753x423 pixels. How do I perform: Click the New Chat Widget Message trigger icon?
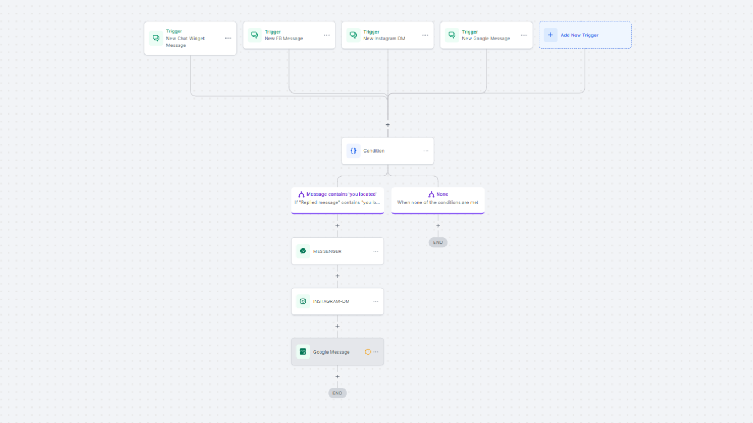click(156, 38)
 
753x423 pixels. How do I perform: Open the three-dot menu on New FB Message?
click(327, 35)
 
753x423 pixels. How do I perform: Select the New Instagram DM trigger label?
click(384, 39)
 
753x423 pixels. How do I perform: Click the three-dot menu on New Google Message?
click(524, 35)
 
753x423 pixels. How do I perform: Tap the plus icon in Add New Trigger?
click(550, 35)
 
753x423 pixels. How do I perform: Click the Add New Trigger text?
click(579, 35)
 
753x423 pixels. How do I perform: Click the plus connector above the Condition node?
click(388, 125)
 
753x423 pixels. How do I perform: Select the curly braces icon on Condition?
click(353, 150)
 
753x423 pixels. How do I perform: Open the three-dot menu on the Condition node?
click(426, 151)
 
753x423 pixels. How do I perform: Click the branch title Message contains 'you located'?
click(341, 194)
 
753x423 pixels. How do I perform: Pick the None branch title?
click(442, 194)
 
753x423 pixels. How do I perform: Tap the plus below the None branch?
click(438, 226)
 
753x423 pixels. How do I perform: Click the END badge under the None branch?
click(438, 242)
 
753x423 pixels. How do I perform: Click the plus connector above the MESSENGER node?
click(337, 226)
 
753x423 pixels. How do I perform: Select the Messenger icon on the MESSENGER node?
click(303, 251)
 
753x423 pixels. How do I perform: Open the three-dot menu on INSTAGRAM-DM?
click(376, 302)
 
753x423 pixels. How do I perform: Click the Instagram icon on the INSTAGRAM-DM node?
click(303, 301)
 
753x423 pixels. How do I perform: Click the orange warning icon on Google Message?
click(368, 352)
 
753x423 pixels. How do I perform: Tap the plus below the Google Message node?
click(337, 377)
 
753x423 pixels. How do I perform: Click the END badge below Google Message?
click(337, 393)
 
